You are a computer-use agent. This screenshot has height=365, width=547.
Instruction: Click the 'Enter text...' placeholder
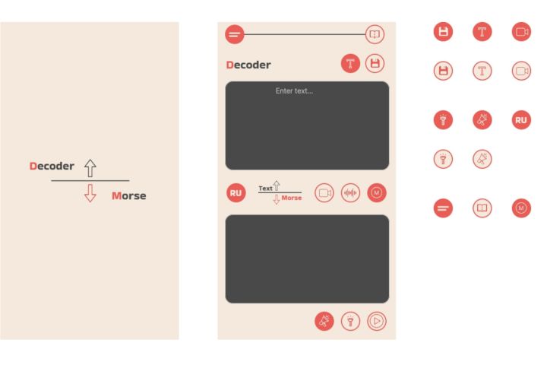[294, 91]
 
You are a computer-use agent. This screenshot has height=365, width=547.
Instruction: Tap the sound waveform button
[350, 192]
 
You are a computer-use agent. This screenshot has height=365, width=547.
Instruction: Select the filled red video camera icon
[521, 32]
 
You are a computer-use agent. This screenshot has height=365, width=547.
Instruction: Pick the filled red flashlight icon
[443, 120]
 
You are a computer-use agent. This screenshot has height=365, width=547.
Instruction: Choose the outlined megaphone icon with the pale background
[482, 159]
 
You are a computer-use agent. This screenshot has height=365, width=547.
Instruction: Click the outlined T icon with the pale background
[482, 71]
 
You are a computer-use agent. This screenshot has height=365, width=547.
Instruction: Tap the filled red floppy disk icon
[443, 32]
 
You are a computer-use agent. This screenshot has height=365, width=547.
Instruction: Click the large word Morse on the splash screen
[128, 195]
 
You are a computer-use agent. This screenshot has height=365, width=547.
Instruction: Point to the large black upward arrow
[90, 168]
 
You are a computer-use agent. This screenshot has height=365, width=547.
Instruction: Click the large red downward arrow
[90, 193]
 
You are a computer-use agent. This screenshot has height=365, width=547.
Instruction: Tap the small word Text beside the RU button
[265, 189]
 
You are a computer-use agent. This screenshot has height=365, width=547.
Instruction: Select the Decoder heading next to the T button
[248, 65]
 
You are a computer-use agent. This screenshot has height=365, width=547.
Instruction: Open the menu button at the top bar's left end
[235, 34]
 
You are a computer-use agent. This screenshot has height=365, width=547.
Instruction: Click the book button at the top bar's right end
[375, 34]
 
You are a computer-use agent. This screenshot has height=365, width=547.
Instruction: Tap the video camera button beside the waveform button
[324, 192]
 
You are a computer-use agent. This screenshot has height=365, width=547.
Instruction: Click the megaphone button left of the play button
[324, 321]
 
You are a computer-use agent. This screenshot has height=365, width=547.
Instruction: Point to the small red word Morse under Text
[291, 198]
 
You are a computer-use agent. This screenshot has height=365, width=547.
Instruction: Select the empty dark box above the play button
[307, 259]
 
